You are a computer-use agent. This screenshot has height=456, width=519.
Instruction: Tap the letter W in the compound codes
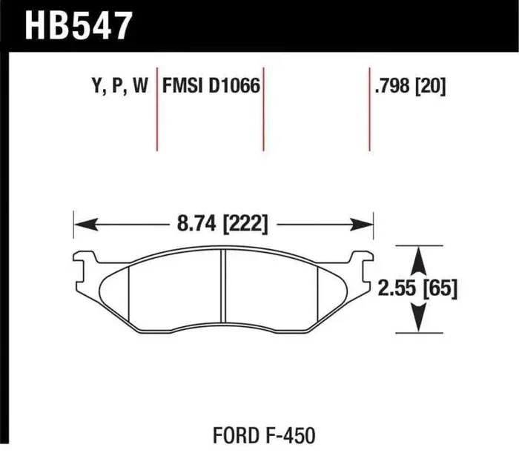point(140,87)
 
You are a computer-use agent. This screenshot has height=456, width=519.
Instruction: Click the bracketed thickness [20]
point(432,87)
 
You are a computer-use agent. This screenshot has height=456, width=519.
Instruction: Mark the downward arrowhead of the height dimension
point(420,320)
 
